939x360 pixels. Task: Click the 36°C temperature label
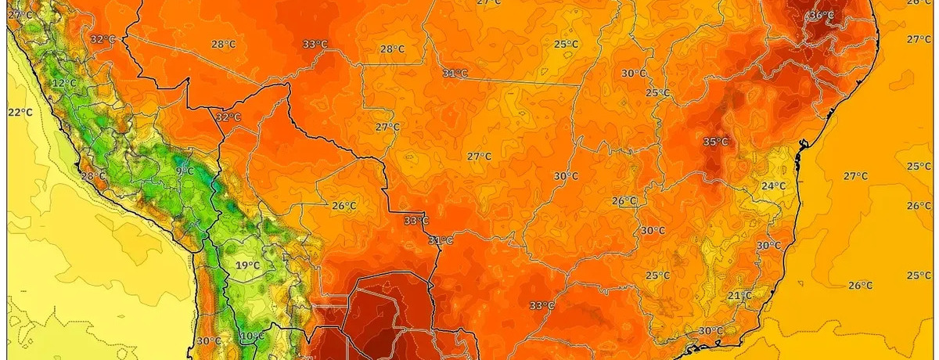821,15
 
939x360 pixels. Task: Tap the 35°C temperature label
715,142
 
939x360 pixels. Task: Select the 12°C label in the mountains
64,83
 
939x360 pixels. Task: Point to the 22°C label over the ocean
20,112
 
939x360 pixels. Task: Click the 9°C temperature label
185,171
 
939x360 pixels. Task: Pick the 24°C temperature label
773,185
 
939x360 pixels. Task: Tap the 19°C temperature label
247,265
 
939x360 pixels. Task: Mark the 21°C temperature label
739,295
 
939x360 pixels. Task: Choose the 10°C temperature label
251,337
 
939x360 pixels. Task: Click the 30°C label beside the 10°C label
208,340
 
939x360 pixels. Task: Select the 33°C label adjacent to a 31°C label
416,221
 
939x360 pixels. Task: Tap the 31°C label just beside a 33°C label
441,240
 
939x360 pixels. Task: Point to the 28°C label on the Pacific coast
93,175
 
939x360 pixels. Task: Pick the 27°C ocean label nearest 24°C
855,176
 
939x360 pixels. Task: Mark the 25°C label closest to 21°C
657,275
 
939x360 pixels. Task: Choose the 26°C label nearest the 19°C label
344,206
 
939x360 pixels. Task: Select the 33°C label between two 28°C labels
315,44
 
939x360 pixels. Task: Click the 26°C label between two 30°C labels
624,201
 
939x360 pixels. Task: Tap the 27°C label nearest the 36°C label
919,39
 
